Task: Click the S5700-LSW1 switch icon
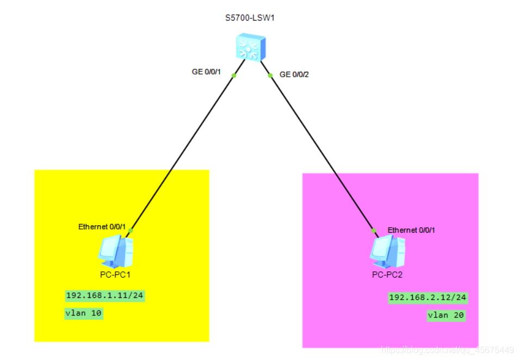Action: [250, 47]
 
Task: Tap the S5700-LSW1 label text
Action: [249, 18]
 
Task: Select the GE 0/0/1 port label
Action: [205, 71]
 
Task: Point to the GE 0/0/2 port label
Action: [294, 74]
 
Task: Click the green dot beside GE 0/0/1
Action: [234, 75]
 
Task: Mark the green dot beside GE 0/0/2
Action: [270, 76]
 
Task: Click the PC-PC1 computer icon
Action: [116, 250]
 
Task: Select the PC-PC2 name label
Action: [387, 275]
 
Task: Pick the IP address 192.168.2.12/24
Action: [428, 297]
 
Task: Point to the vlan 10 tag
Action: [84, 313]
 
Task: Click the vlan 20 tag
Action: [446, 315]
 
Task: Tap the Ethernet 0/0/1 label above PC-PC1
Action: [102, 227]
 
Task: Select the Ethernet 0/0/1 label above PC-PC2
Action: [411, 230]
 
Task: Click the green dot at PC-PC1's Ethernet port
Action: [131, 230]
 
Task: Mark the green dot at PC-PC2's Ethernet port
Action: [374, 231]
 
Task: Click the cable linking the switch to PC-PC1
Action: [182, 152]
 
